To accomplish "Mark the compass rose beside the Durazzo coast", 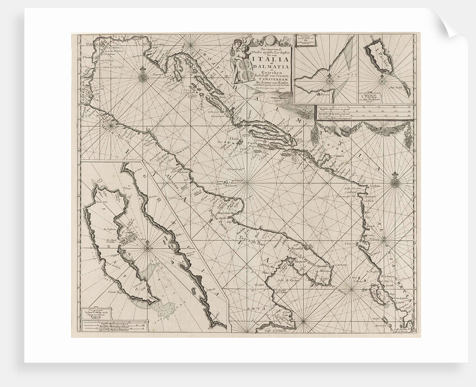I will point(396,181).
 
